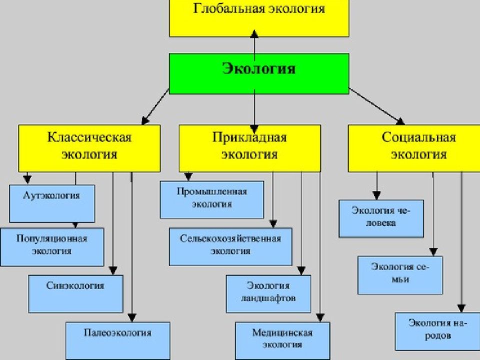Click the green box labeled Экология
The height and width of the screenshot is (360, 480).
[259, 74]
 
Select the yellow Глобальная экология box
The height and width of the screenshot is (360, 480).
[259, 18]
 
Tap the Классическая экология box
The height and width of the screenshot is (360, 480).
[89, 148]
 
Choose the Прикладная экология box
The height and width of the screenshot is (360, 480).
[250, 148]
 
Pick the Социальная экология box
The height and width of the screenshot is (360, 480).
[414, 148]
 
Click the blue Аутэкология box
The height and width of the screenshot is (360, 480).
[52, 203]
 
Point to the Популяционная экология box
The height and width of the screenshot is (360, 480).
[52, 246]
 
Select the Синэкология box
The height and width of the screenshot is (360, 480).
[76, 294]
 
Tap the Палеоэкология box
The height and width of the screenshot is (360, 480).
[118, 340]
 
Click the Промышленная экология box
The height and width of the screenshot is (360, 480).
[212, 199]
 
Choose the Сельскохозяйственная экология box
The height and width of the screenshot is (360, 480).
[230, 246]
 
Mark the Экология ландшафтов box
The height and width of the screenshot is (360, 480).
[268, 294]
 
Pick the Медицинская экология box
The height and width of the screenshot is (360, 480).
[282, 340]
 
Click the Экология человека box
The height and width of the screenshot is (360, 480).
[381, 218]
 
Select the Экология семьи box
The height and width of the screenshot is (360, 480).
[400, 275]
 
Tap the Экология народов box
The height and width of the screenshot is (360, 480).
[438, 331]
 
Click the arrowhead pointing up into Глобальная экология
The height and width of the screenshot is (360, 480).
[254, 33]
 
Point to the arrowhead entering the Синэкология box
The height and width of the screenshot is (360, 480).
[113, 270]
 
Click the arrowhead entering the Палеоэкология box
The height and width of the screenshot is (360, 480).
[131, 318]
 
